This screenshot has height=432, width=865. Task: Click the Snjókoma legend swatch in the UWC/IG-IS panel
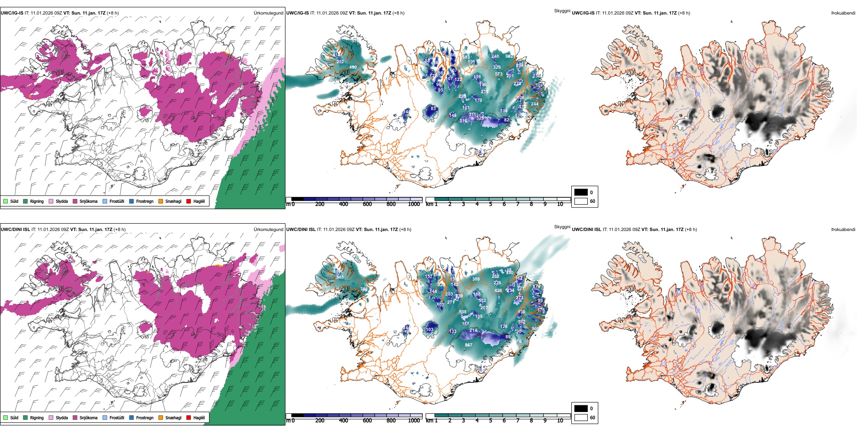point(75,201)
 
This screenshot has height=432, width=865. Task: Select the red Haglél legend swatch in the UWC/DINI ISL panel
point(188,417)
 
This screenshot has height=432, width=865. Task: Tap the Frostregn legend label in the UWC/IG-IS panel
point(145,201)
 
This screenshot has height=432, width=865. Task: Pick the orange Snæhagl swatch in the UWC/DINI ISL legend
point(161,417)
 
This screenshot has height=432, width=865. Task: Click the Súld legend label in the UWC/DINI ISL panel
point(14,417)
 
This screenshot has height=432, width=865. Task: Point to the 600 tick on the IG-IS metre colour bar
point(367,204)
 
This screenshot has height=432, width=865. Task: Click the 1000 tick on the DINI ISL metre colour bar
point(414,421)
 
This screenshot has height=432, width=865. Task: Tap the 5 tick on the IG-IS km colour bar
point(490,204)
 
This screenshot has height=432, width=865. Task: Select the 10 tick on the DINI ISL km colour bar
point(560,421)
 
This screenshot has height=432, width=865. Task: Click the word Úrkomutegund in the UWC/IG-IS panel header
point(268,13)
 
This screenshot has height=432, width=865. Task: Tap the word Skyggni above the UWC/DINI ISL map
point(562,226)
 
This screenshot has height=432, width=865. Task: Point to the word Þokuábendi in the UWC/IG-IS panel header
point(843,13)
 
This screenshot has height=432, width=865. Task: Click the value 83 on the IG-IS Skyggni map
point(433,109)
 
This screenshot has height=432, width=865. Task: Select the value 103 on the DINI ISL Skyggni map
point(429,330)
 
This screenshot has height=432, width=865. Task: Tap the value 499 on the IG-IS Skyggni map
point(353,67)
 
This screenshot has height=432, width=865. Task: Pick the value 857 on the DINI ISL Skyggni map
point(468,345)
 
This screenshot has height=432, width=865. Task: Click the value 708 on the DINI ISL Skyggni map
point(364,289)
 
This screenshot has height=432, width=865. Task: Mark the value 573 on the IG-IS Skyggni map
point(499,74)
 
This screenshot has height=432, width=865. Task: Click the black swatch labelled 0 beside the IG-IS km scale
point(581,192)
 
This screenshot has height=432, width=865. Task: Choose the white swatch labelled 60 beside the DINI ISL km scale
point(581,417)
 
